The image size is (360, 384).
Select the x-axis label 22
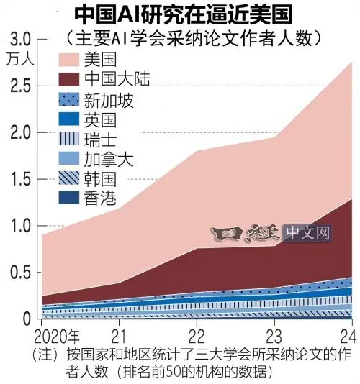pos(196,337)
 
